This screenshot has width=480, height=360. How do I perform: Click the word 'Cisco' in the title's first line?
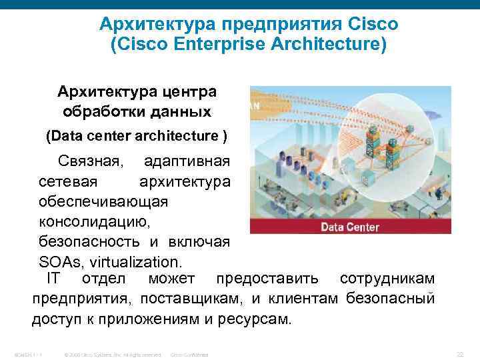373,25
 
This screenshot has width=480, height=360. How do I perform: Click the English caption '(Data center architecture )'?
136,137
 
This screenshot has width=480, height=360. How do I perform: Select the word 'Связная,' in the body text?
90,161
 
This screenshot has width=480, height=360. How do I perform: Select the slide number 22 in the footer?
459,353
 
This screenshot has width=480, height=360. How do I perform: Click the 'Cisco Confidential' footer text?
190,354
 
